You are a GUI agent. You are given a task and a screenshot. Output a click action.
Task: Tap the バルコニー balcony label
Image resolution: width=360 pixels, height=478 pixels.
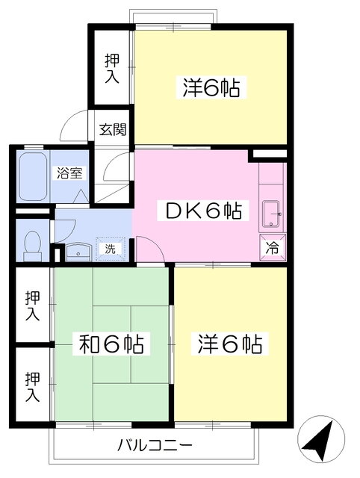pyautogui.click(x=155, y=446)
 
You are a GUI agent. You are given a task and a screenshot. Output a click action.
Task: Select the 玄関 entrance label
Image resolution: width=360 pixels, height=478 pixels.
pyautogui.click(x=113, y=128)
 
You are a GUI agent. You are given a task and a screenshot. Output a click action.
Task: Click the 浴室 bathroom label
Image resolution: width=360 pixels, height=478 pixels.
pyautogui.click(x=69, y=172)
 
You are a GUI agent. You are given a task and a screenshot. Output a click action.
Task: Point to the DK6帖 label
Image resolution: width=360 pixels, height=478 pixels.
pyautogui.click(x=199, y=211)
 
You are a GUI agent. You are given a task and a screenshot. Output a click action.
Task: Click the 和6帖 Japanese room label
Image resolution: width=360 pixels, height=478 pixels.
pyautogui.click(x=111, y=345)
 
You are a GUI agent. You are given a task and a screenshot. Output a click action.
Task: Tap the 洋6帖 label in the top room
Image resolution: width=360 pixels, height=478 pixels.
pyautogui.click(x=211, y=88)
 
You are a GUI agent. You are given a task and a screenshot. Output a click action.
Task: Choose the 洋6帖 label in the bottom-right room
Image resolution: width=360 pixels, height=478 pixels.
pyautogui.click(x=229, y=345)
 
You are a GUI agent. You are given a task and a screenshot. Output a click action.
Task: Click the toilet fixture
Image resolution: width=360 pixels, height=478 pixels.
pyautogui.click(x=32, y=243)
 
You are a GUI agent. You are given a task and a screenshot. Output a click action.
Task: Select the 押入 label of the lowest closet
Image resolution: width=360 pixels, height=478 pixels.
pyautogui.click(x=31, y=387)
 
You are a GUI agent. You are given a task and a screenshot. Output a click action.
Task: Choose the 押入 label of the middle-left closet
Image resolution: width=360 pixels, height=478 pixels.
pyautogui.click(x=31, y=305)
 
